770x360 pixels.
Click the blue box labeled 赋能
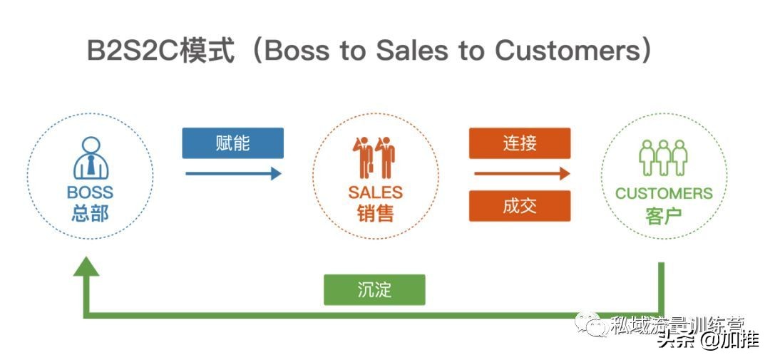(232, 143)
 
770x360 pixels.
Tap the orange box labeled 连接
(519, 143)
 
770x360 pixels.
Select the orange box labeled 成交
(519, 206)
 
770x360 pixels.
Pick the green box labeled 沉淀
(374, 290)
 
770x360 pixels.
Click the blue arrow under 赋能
(233, 173)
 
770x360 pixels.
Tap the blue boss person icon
(91, 158)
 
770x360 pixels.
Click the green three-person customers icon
(663, 158)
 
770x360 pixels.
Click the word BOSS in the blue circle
(90, 192)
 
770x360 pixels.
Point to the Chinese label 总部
(90, 212)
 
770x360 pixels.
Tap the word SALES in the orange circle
(375, 192)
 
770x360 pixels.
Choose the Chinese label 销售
(375, 212)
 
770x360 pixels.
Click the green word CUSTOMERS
(664, 193)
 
